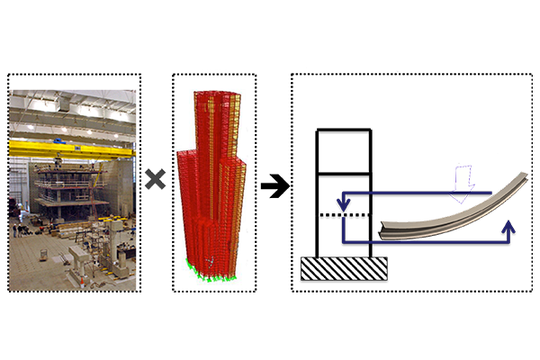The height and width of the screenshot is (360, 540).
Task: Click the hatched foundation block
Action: tap(344, 267)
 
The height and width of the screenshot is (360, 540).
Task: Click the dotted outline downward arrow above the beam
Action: tap(464, 182)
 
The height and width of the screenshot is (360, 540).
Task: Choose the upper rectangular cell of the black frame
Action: tap(343, 150)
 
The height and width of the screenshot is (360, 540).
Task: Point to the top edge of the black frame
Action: tap(343, 130)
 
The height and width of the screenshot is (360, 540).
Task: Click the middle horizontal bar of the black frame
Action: tap(343, 172)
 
